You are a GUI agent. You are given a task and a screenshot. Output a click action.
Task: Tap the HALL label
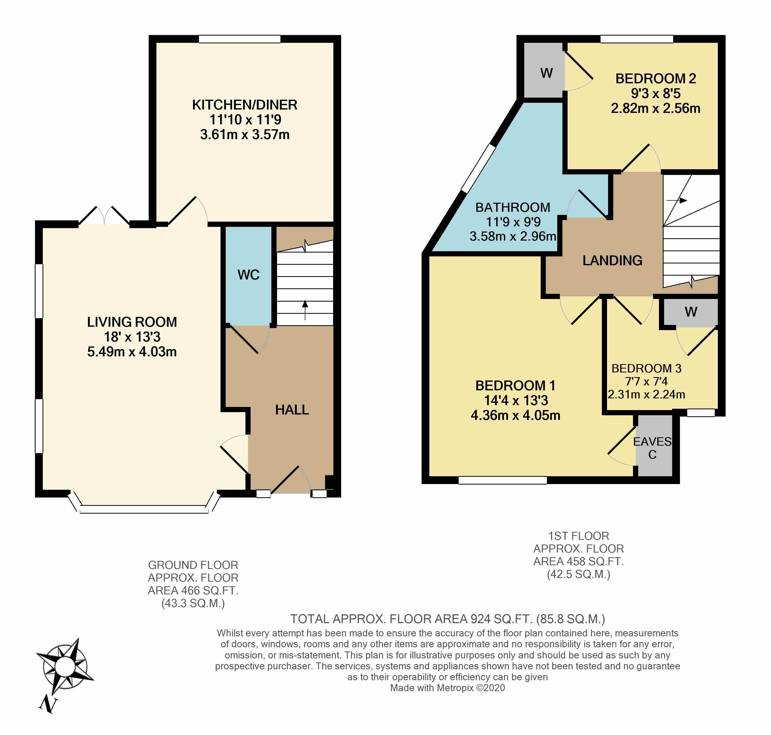click(292, 410)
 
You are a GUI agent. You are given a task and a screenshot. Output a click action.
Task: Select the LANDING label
click(612, 261)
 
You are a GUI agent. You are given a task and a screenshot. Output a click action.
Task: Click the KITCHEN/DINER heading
click(244, 105)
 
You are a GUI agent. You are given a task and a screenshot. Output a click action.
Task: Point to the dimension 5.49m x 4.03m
click(132, 351)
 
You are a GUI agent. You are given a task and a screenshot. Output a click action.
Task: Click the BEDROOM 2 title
click(656, 79)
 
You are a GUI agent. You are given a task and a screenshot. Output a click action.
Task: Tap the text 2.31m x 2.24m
click(646, 394)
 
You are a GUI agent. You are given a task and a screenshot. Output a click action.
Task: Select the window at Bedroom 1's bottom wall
click(502, 480)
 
